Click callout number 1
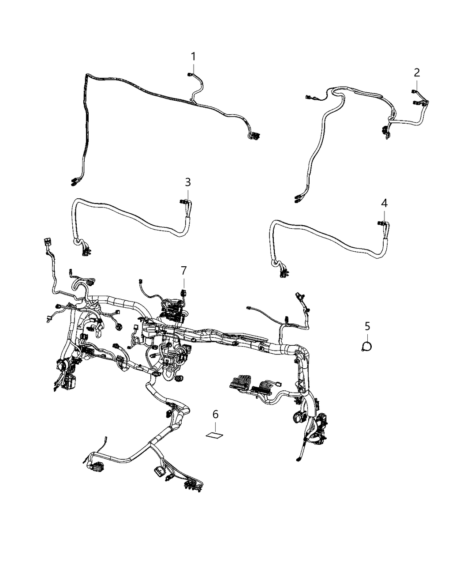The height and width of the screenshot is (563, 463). (193, 57)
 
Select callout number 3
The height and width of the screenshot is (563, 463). (188, 182)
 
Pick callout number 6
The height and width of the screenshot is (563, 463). (216, 414)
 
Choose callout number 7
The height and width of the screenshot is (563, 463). (183, 270)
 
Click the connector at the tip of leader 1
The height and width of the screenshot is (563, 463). (190, 76)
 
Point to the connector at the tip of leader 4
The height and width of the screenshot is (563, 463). (381, 224)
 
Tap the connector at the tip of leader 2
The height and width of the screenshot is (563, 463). (414, 92)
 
